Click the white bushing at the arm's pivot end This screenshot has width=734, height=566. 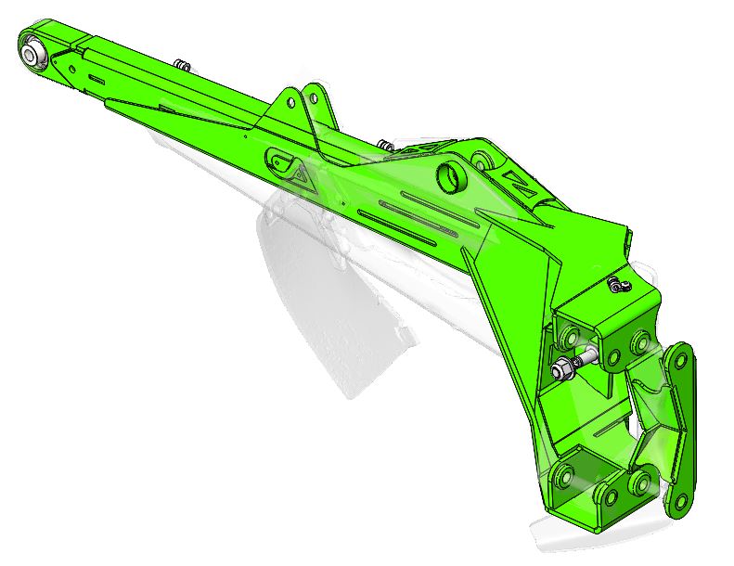(34, 52)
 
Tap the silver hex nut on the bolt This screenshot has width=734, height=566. (563, 370)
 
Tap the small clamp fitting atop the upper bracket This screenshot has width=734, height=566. (618, 281)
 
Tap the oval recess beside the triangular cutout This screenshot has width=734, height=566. (276, 160)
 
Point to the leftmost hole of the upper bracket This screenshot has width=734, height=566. (568, 331)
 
